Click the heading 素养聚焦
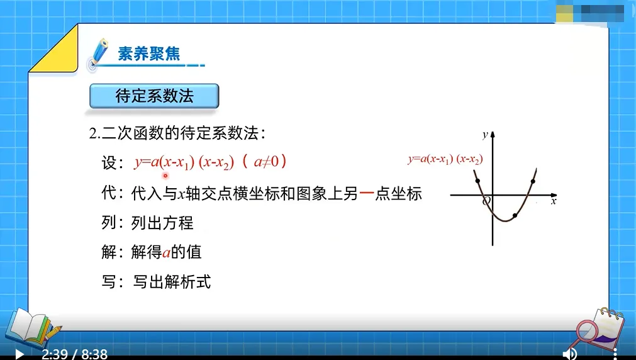coord(149,53)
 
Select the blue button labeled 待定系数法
coord(154,96)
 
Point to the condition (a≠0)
coord(264,162)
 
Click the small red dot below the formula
coord(165,176)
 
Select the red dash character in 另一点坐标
coord(367,194)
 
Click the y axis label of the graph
coord(484,134)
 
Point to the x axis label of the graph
coord(554,201)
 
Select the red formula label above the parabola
coord(445,159)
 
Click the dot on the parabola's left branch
coord(478,181)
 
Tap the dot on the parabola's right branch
coord(533,181)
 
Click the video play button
coord(20,354)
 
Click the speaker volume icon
coord(569,354)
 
